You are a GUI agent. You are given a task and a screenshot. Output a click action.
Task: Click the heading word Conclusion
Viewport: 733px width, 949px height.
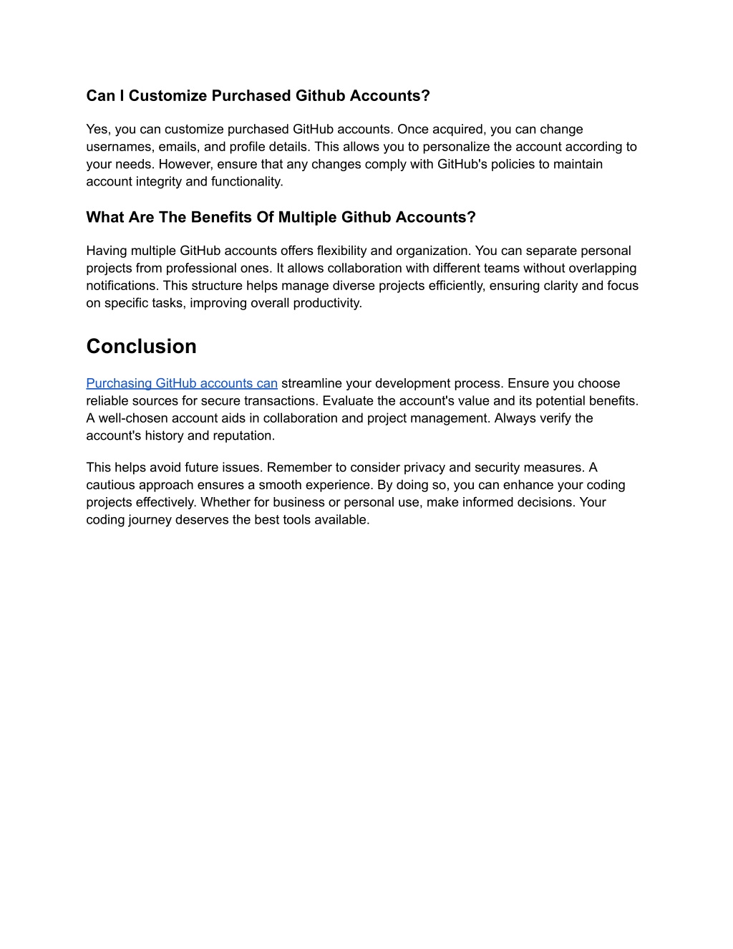[x=141, y=347]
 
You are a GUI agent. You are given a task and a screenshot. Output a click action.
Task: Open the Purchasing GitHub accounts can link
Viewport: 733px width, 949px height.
[x=182, y=383]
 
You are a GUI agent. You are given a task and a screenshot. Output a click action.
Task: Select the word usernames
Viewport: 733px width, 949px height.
[x=119, y=147]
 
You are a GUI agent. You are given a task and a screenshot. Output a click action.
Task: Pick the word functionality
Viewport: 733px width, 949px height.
[x=246, y=181]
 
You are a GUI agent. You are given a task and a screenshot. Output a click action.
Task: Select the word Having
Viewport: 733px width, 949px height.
[x=106, y=251]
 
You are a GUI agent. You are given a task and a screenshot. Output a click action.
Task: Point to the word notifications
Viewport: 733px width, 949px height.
[x=122, y=285]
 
